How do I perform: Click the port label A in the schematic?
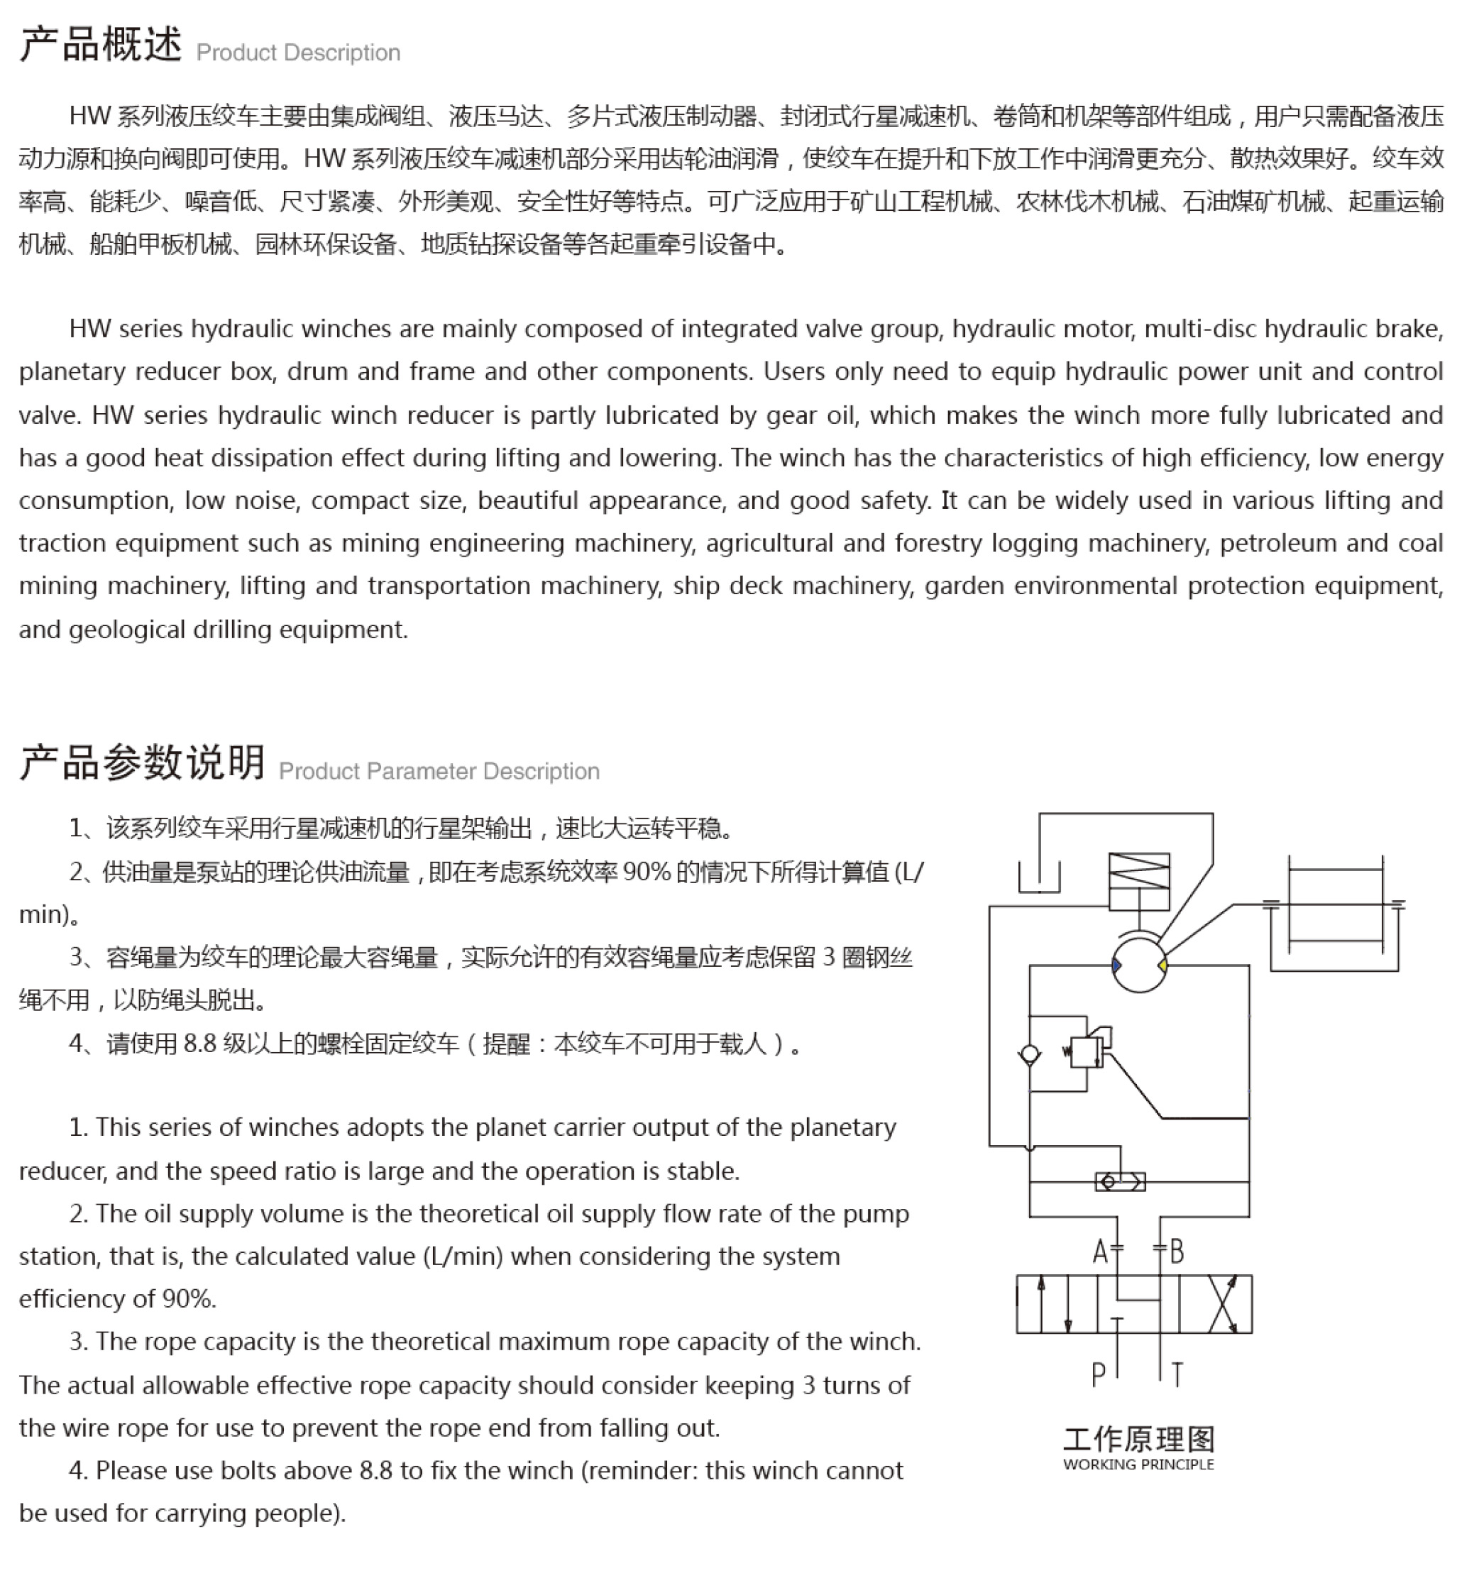tap(1100, 1252)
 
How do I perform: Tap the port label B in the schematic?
tap(1177, 1252)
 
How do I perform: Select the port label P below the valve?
tap(1097, 1376)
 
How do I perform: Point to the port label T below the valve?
tap(1177, 1376)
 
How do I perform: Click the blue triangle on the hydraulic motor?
tap(1116, 965)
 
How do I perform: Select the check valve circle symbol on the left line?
tap(1030, 1054)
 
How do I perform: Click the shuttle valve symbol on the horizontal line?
tap(1119, 1182)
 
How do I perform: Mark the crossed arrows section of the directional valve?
tap(1222, 1304)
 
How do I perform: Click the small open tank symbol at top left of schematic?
tap(1039, 877)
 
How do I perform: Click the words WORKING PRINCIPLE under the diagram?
tap(1138, 1465)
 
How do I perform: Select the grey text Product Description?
tap(298, 53)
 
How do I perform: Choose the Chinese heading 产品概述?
tap(100, 44)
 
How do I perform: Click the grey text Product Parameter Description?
tap(439, 771)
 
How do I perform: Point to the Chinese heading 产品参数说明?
tap(142, 762)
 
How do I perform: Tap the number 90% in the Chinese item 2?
tap(647, 872)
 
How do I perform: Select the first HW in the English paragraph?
tap(89, 329)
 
